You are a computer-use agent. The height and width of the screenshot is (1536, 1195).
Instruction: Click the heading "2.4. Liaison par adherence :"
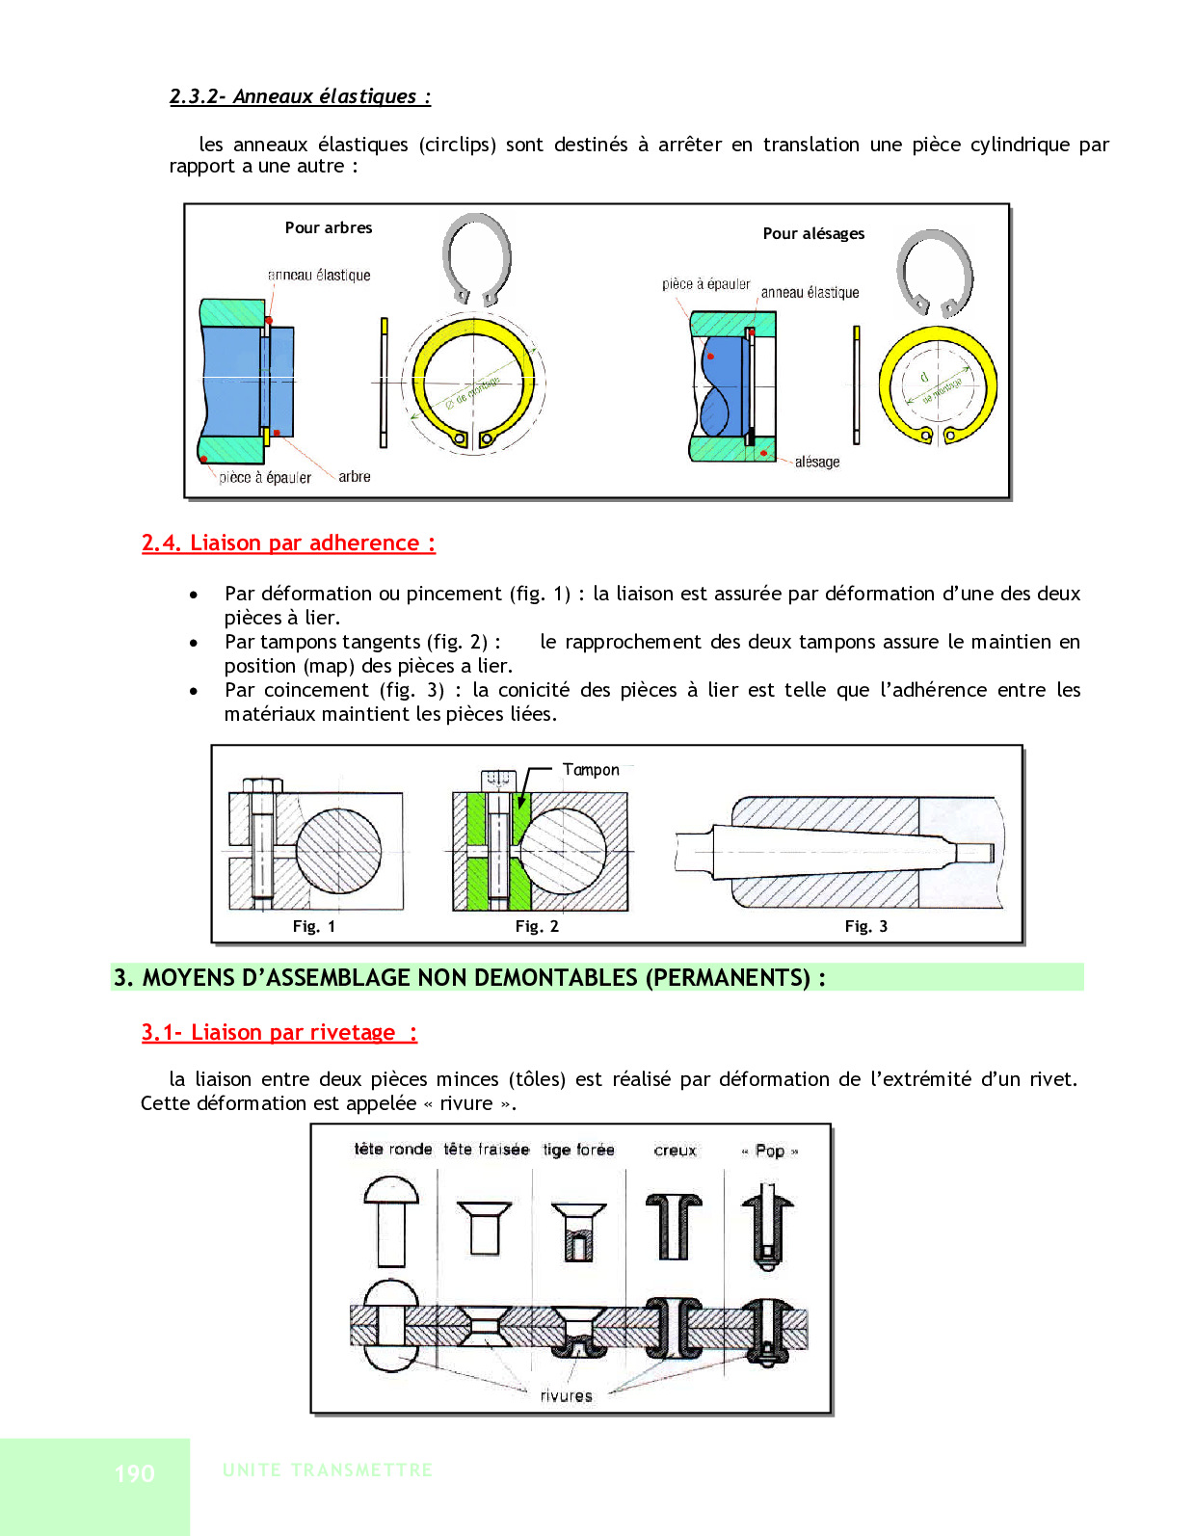288,543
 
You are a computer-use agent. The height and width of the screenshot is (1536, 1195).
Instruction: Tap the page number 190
135,1473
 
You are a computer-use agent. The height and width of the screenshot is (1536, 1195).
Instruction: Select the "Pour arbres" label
329,228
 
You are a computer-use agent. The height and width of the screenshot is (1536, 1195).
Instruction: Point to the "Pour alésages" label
813,234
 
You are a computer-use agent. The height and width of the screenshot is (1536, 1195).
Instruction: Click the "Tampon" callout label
591,770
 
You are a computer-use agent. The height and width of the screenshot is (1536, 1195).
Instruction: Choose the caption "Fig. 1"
314,927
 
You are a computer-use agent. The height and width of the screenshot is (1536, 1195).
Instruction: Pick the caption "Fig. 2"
537,927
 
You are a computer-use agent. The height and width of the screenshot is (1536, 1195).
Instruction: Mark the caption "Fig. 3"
866,927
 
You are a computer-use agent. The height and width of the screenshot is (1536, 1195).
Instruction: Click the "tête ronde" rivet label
393,1150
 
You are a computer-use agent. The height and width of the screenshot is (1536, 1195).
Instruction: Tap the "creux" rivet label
675,1151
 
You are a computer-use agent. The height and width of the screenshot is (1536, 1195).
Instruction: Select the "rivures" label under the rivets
567,1396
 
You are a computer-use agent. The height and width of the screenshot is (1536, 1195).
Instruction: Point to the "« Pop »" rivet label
770,1151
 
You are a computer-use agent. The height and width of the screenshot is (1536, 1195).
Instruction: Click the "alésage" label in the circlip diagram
817,463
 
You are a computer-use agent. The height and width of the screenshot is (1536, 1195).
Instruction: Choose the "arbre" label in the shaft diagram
355,477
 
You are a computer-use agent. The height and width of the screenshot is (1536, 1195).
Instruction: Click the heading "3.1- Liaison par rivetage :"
279,1033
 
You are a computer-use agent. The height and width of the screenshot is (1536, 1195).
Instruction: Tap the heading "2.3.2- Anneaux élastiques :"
300,96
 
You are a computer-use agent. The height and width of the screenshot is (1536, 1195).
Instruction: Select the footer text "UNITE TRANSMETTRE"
328,1470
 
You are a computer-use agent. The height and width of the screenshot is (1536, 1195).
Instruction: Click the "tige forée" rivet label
578,1150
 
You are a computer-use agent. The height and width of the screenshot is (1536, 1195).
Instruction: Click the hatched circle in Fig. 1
338,851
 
